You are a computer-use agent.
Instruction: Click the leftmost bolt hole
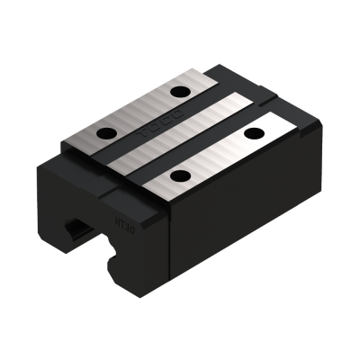point(106,136)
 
